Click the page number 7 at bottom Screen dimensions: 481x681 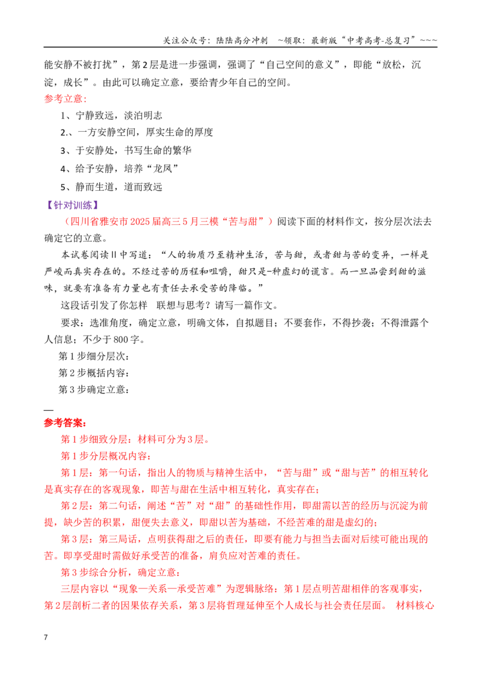pyautogui.click(x=46, y=637)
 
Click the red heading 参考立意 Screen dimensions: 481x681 pyautogui.click(x=65, y=99)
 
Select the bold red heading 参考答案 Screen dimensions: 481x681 pyautogui.click(x=65, y=422)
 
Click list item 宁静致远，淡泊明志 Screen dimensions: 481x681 pyautogui.click(x=111, y=116)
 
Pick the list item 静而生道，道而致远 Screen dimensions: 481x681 pyautogui.click(x=111, y=187)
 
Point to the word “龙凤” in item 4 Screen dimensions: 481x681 pyautogui.click(x=163, y=168)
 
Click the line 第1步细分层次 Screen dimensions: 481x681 pyautogui.click(x=94, y=356)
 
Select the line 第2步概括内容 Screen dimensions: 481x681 pyautogui.click(x=94, y=372)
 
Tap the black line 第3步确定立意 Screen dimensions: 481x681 pyautogui.click(x=94, y=390)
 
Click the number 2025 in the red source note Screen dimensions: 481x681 pyautogui.click(x=139, y=221)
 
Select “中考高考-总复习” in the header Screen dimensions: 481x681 pyautogui.click(x=379, y=40)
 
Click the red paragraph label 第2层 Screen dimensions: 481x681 pyautogui.click(x=75, y=506)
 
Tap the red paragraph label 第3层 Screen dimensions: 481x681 pyautogui.click(x=75, y=540)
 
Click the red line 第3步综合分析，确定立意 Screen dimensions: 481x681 pyautogui.click(x=120, y=573)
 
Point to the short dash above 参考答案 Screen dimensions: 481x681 pyautogui.click(x=49, y=410)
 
